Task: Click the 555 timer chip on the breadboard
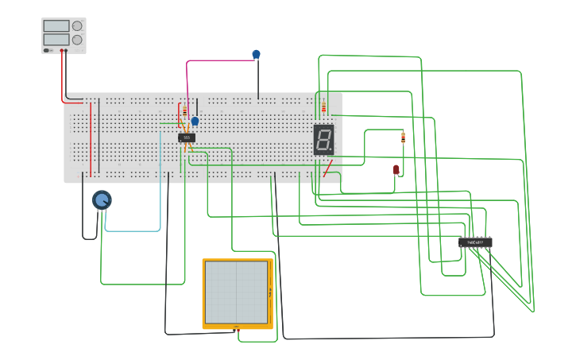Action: coord(187,137)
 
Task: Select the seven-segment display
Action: coord(323,139)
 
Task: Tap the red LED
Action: coord(396,169)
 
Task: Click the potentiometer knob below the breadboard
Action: coord(102,199)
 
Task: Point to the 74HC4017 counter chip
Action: coord(475,242)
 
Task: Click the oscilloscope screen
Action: coord(237,291)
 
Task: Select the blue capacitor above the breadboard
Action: coord(256,54)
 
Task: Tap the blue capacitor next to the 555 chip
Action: coord(195,122)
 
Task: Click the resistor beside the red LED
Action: coord(403,137)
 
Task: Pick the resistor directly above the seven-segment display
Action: coord(323,107)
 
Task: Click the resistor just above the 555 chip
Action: coord(185,111)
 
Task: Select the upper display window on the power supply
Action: coord(56,25)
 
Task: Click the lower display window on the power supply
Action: coord(56,39)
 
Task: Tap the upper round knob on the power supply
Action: coord(77,25)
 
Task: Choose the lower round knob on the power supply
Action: coord(77,39)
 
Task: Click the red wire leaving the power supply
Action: coord(62,79)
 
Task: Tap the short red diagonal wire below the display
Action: coord(327,168)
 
